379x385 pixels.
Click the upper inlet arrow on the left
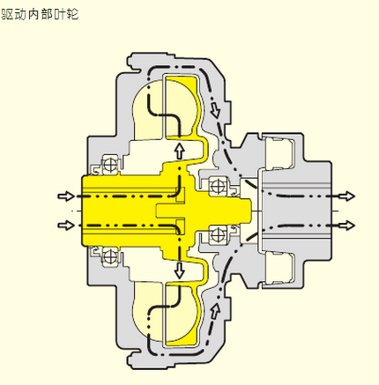tap(66, 196)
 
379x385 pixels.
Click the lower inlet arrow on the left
tap(66, 226)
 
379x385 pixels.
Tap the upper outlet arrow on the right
tap(347, 196)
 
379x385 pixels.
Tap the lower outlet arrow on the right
tap(347, 226)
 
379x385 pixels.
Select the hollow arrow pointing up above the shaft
tap(179, 151)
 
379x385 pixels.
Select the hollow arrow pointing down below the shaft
tap(179, 270)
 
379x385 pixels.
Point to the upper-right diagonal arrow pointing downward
tap(215, 108)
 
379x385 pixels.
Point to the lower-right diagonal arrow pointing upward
tap(215, 312)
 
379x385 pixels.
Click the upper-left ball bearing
tap(111, 165)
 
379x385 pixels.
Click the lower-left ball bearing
tap(111, 256)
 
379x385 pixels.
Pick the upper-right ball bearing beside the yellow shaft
tap(218, 186)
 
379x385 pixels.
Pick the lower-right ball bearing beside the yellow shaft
tap(218, 235)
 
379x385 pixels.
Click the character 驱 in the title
tap(7, 14)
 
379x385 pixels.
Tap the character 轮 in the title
tap(72, 14)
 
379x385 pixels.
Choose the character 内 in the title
tap(33, 14)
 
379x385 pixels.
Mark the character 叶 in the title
tap(60, 14)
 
